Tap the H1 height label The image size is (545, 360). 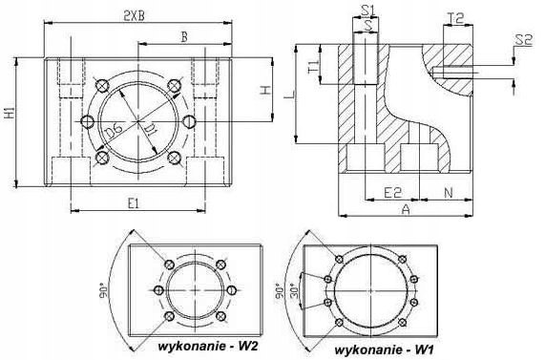pyautogui.click(x=10, y=114)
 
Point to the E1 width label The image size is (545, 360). pyautogui.click(x=135, y=201)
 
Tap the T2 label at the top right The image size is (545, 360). pyautogui.click(x=455, y=18)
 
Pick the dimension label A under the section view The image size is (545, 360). pyautogui.click(x=406, y=207)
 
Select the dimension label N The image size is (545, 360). pyautogui.click(x=450, y=192)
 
